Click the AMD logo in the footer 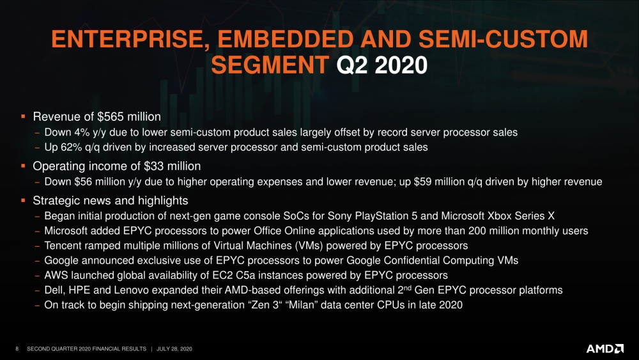coord(604,348)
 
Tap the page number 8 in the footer coord(17,348)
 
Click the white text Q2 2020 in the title coord(381,65)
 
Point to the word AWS coord(56,276)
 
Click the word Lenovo coord(128,290)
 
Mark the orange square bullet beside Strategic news coord(23,201)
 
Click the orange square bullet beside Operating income coord(23,166)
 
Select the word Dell coord(54,290)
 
